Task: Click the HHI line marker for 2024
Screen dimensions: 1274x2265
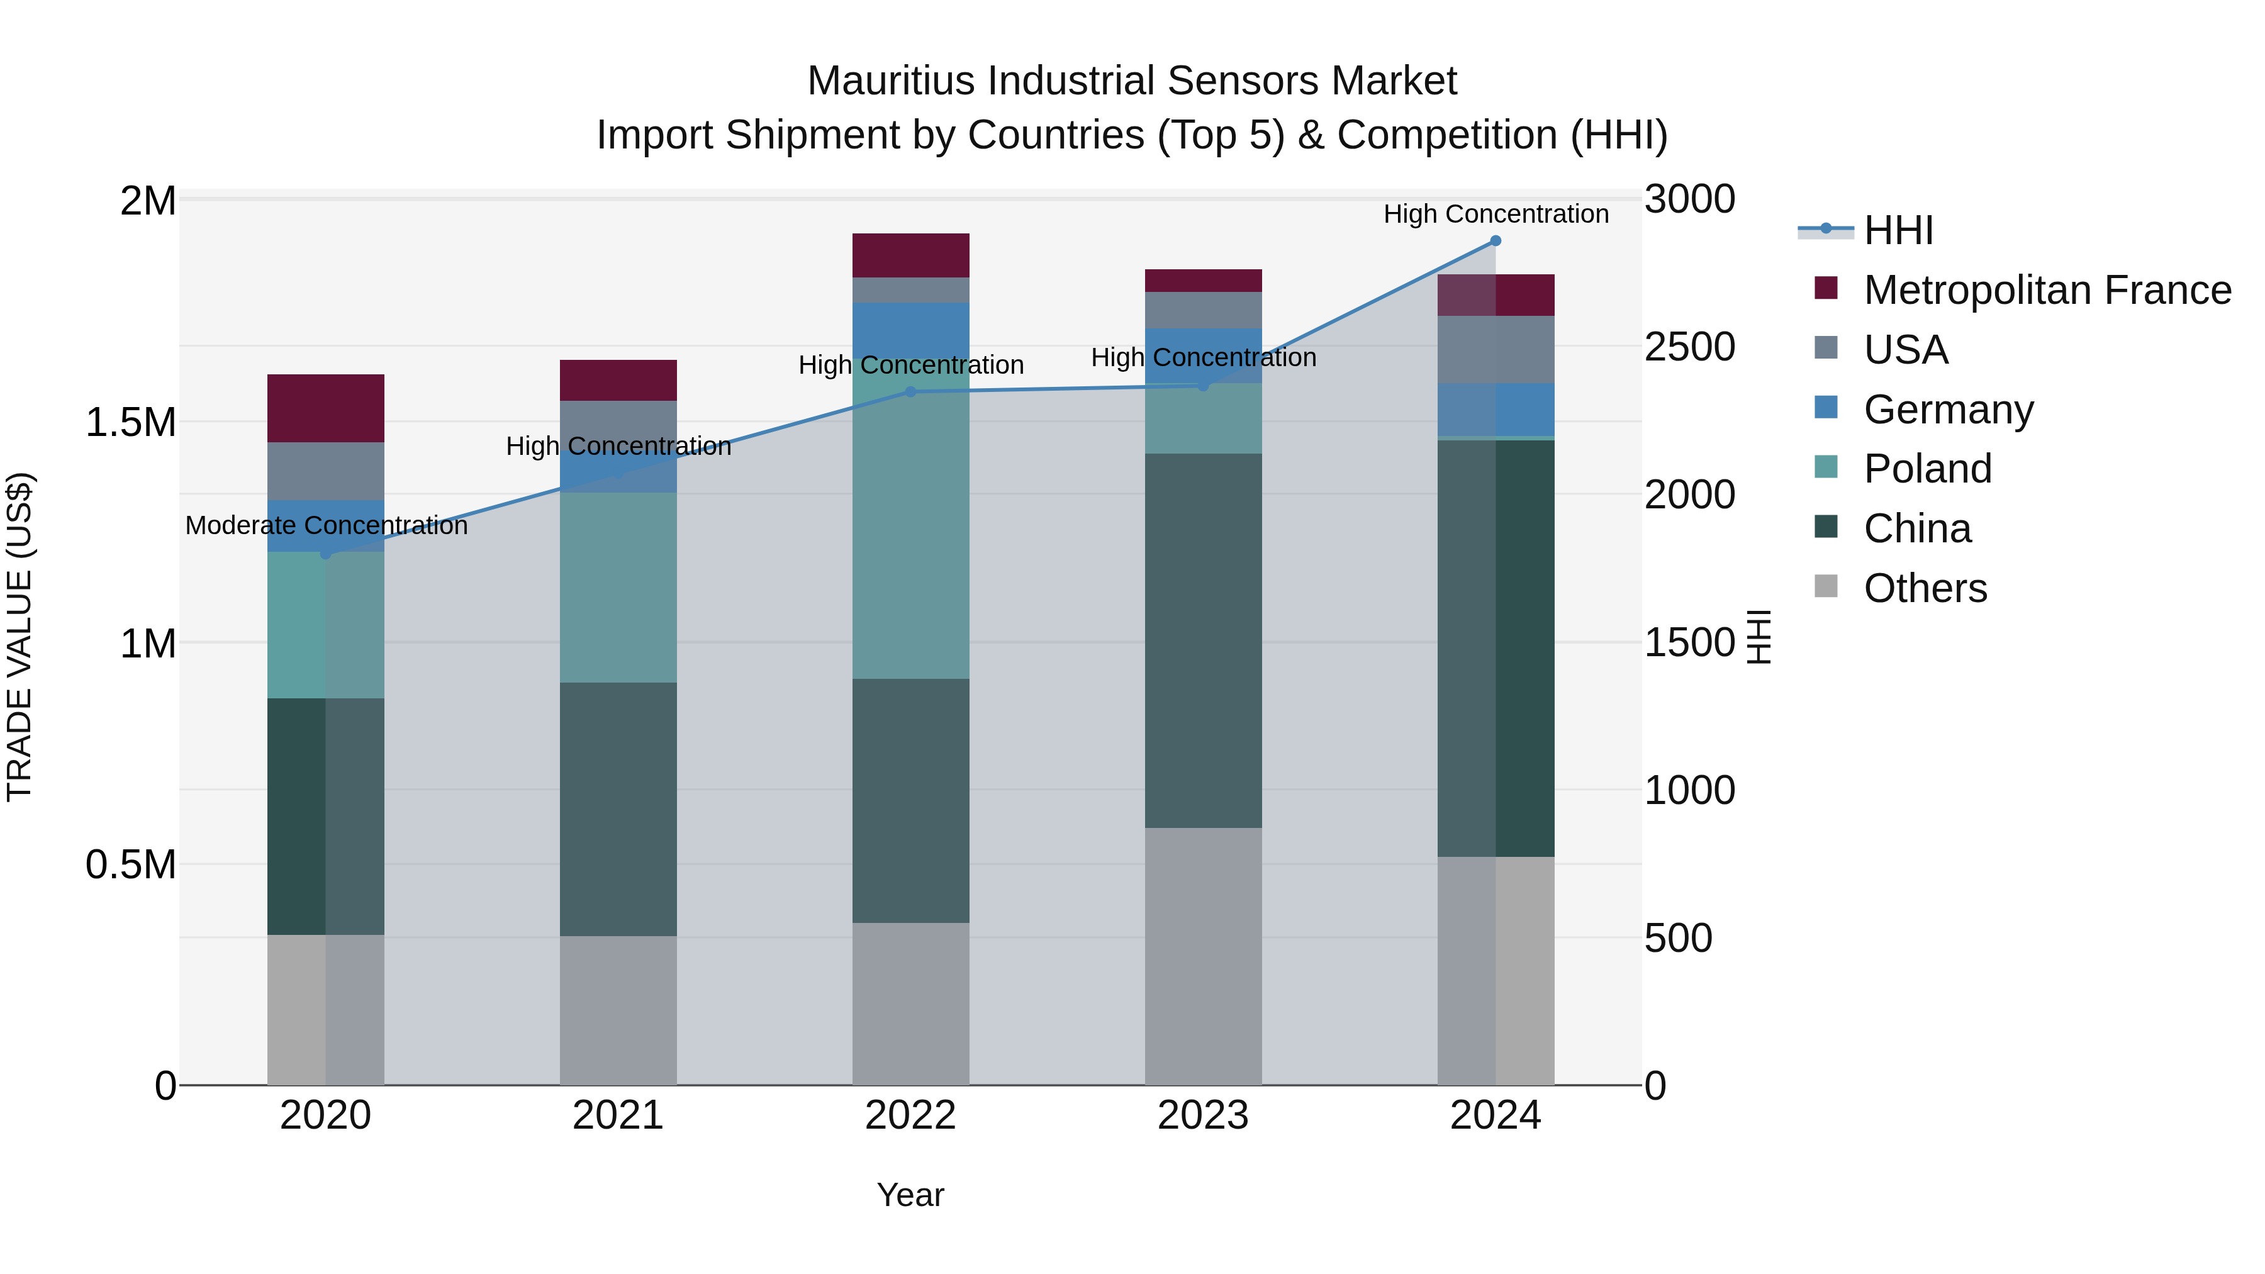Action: coord(1495,241)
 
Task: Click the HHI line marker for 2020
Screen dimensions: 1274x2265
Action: coord(325,553)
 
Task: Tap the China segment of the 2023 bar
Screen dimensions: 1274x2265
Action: coord(1203,640)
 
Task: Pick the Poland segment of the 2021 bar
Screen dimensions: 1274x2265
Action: coord(618,588)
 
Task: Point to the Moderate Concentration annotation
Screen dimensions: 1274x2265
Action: coord(326,526)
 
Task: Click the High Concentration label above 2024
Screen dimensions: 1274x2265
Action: coord(1496,214)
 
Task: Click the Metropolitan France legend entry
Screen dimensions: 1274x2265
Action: coord(2046,290)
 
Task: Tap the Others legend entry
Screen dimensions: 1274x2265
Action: coord(1924,588)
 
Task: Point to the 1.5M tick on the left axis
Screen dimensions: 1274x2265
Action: coord(130,423)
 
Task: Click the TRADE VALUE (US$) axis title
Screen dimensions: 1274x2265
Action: coord(20,637)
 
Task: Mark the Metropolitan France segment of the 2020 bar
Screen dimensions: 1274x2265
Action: coord(325,408)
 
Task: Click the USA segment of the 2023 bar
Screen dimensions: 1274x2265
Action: coord(1203,310)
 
